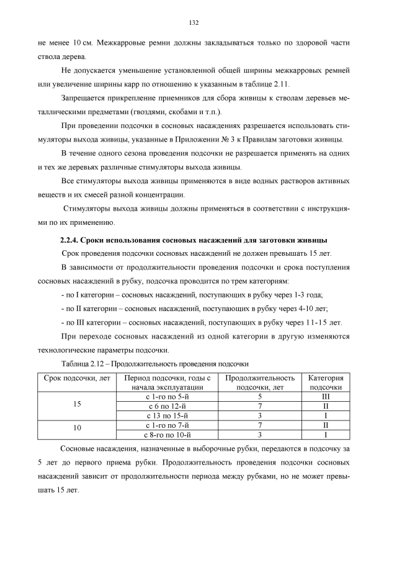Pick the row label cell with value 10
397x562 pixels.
point(78,429)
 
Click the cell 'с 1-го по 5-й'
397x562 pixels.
point(167,396)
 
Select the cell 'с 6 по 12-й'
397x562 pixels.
point(167,406)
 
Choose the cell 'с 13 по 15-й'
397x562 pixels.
point(167,415)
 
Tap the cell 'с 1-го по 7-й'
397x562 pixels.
point(167,425)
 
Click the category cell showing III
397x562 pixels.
point(325,396)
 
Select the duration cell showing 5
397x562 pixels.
point(260,396)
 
